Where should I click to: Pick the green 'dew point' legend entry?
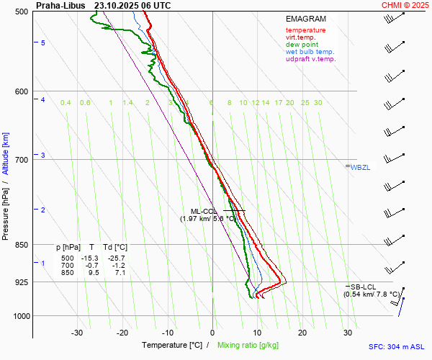(x=303, y=45)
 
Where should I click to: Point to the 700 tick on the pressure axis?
(x=21, y=160)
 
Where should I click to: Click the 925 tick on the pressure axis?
(x=21, y=282)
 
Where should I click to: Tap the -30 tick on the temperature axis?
(x=77, y=333)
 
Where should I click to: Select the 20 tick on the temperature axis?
(x=302, y=333)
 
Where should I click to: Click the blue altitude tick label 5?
(x=43, y=43)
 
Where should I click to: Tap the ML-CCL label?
(x=194, y=211)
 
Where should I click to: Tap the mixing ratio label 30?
(x=318, y=103)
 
